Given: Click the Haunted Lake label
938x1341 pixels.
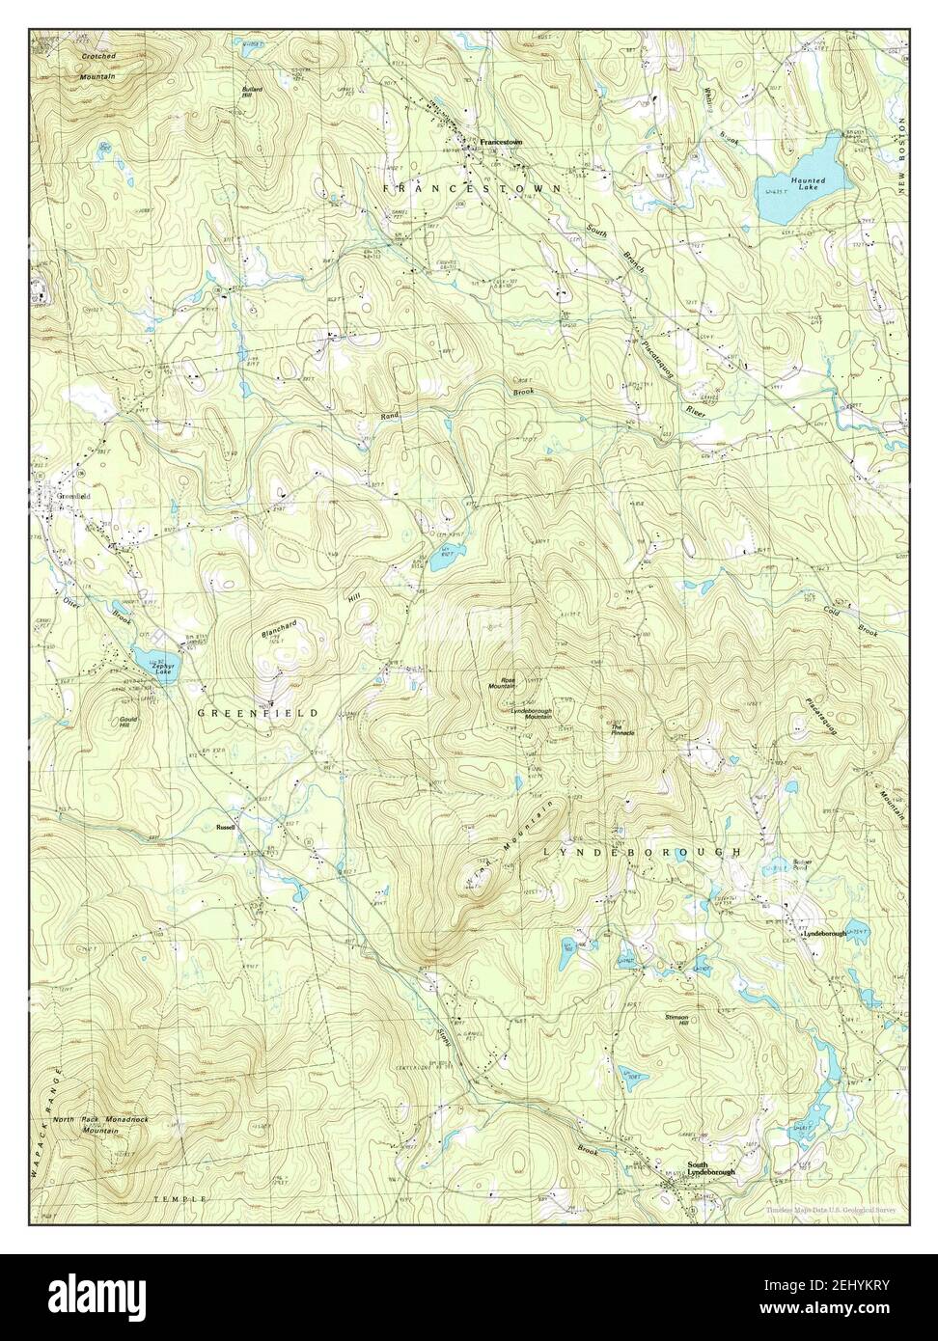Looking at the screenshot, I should (x=807, y=183).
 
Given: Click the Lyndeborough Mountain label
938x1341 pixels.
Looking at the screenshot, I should (x=525, y=713).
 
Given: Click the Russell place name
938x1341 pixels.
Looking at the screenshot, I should (x=226, y=827).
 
